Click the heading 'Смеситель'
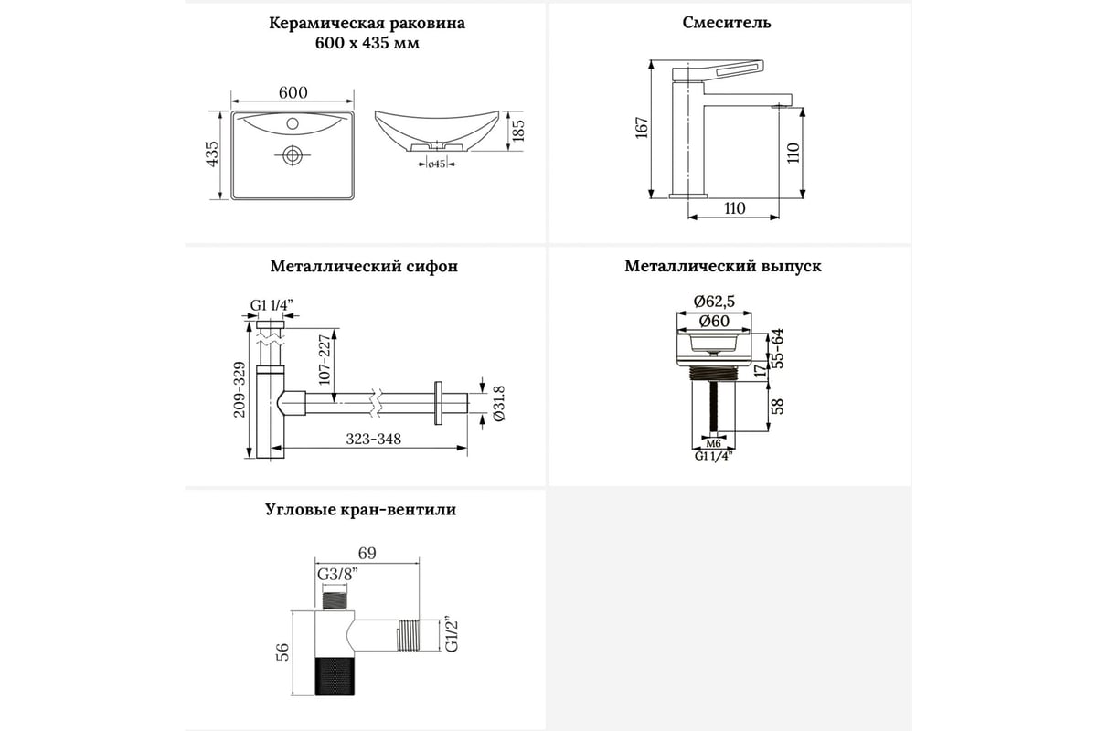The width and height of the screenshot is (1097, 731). coord(727,23)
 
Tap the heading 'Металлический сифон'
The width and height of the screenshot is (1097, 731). coord(364,267)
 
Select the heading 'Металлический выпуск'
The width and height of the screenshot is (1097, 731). coord(723,267)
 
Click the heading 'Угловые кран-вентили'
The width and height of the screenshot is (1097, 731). coord(360,510)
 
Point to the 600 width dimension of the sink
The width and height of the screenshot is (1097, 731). coord(293,92)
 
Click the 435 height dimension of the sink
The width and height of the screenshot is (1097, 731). coord(212,156)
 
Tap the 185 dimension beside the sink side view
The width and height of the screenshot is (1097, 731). coord(517,132)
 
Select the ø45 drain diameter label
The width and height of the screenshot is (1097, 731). coord(436,164)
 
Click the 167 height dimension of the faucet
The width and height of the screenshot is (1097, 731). coord(642,128)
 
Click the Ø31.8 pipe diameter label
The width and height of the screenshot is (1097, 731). coord(498,402)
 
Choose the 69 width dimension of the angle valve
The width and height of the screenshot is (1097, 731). coord(367,554)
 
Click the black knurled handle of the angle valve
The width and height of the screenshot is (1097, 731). coord(336,680)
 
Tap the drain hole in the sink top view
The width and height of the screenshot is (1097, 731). coord(293,156)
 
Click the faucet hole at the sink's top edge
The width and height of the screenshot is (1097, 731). coord(293,122)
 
